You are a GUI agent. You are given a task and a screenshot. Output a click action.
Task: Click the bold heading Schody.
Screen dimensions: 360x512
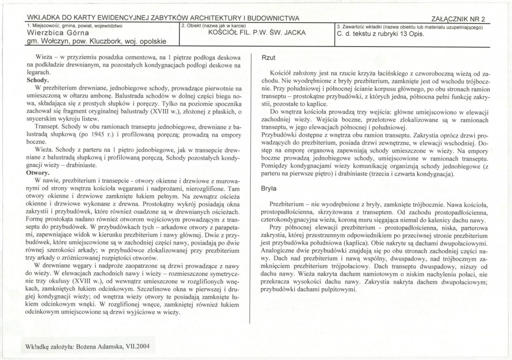point(38,80)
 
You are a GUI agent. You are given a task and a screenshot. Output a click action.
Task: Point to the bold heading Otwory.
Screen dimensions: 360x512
point(38,174)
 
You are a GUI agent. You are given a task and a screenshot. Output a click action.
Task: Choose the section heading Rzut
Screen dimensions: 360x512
point(268,56)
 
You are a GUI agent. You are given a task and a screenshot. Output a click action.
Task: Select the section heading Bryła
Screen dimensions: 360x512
point(269,187)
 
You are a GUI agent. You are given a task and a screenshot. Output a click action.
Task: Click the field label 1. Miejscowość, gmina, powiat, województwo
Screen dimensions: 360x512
point(75,26)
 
